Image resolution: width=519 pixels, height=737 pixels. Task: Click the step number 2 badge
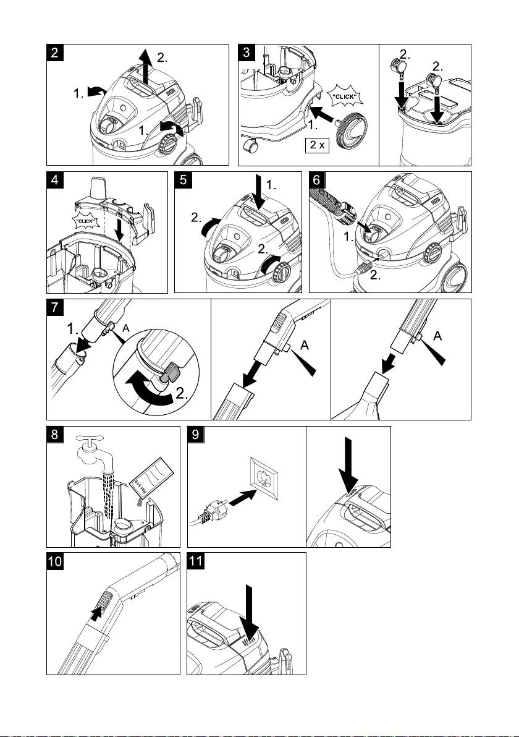tap(56, 53)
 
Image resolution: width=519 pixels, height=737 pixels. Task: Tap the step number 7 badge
tap(56, 308)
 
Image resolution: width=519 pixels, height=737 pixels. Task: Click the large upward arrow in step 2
tap(146, 69)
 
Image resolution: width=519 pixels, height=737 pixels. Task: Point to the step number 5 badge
tap(184, 181)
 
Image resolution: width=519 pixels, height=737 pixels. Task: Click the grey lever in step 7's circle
tap(171, 373)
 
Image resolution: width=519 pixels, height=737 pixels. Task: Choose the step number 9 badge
tap(196, 435)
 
